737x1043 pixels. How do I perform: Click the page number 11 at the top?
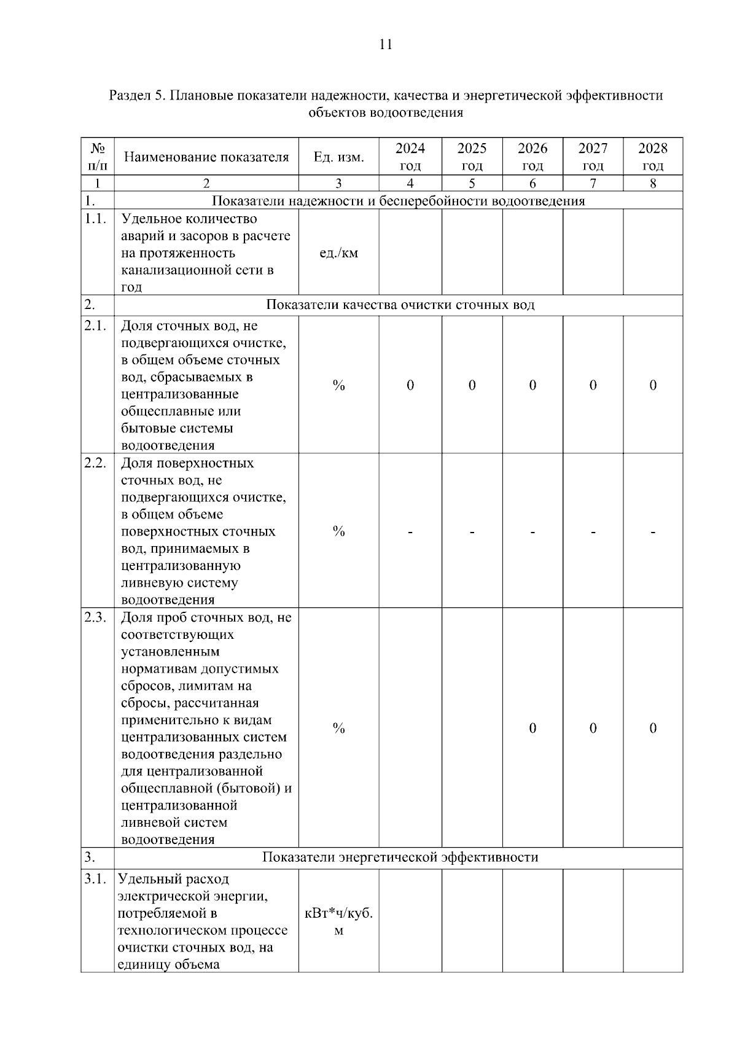(386, 45)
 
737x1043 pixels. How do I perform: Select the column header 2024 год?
(410, 157)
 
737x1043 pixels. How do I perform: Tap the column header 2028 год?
(652, 157)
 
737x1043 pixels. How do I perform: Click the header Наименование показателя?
(206, 157)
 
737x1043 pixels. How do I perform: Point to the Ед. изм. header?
(338, 157)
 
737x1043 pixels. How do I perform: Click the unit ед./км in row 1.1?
(338, 253)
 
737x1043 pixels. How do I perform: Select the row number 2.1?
(95, 326)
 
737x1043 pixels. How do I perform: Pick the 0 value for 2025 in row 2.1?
(472, 385)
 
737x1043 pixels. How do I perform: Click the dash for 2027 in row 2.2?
(593, 532)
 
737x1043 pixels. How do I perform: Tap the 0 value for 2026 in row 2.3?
(532, 729)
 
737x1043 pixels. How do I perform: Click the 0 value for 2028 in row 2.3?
(652, 729)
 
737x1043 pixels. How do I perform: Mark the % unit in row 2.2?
(338, 532)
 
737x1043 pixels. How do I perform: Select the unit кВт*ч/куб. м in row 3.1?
(338, 922)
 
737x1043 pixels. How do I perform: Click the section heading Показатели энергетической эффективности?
(400, 857)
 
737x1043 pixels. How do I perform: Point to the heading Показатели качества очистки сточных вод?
(400, 305)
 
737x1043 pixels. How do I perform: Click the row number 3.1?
(95, 880)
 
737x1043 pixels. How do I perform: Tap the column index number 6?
(532, 184)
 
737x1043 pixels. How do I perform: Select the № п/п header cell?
(98, 157)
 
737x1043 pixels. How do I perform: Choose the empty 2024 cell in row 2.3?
(410, 729)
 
